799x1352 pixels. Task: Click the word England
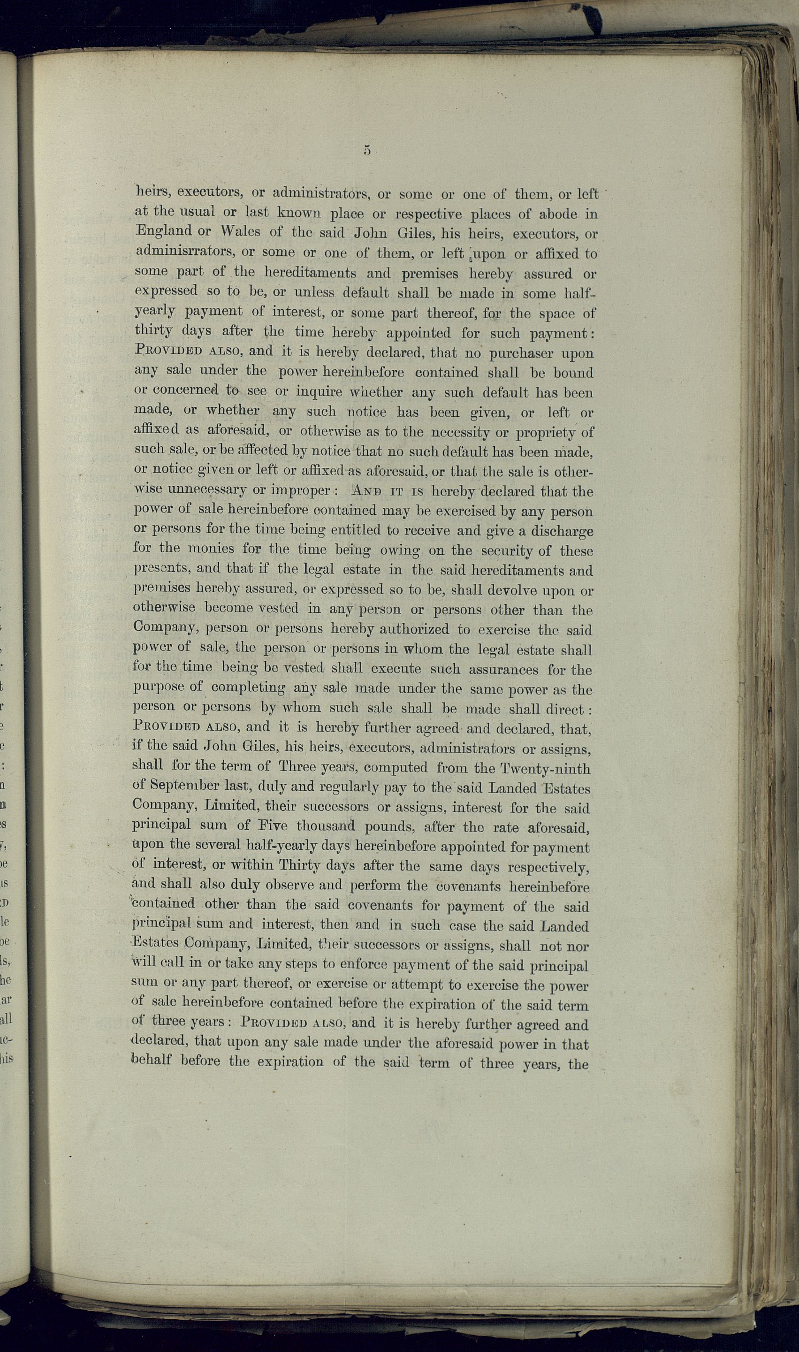point(164,231)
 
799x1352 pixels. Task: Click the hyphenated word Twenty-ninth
point(544,769)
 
